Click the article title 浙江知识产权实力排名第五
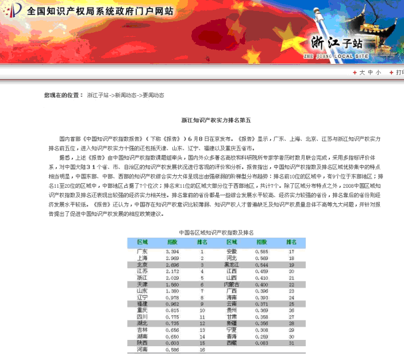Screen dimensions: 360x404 click(216, 121)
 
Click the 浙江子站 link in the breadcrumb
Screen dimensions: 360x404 click(98, 95)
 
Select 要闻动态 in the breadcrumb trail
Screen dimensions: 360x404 click(153, 95)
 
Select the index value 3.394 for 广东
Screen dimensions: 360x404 click(172, 251)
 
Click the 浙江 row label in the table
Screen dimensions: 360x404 click(142, 277)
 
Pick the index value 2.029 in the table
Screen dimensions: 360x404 click(172, 277)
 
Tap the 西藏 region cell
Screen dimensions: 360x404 click(232, 342)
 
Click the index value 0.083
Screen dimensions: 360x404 click(262, 342)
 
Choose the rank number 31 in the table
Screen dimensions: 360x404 click(291, 342)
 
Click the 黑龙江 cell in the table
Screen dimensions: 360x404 click(232, 265)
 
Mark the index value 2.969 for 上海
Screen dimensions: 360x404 click(172, 258)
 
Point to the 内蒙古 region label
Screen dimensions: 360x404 click(232, 284)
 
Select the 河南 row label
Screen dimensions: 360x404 click(142, 349)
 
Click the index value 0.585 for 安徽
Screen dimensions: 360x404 click(262, 251)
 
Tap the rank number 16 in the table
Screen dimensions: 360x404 click(202, 349)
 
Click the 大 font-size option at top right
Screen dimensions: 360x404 click(363, 72)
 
